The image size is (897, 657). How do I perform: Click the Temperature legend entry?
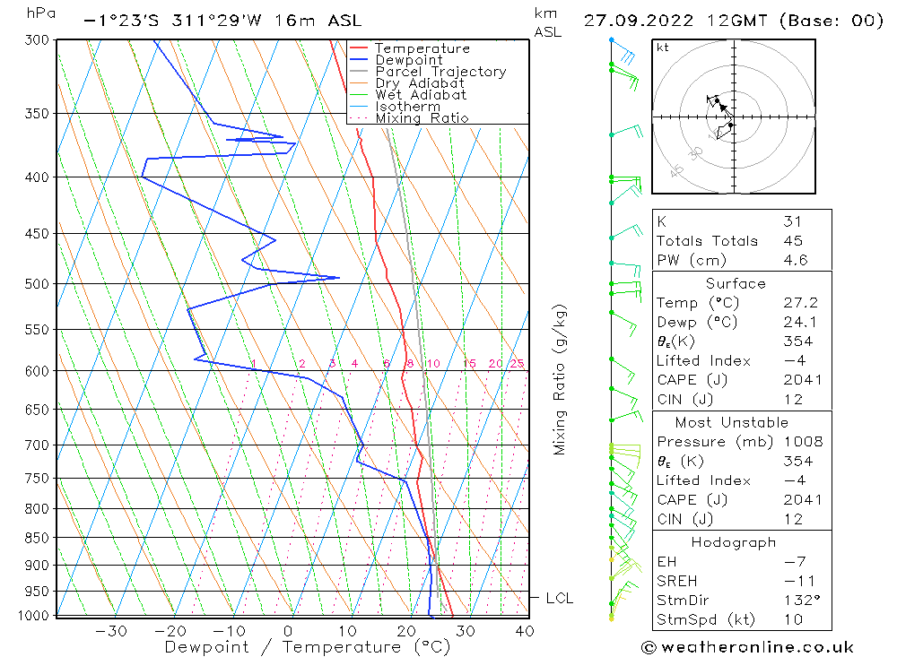(x=422, y=48)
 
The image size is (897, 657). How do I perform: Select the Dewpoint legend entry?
(x=408, y=60)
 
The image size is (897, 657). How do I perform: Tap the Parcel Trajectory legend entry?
(x=440, y=72)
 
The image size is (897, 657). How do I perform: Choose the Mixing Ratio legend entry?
(x=422, y=118)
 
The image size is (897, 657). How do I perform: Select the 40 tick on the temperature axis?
(x=525, y=631)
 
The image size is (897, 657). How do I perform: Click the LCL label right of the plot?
(x=559, y=598)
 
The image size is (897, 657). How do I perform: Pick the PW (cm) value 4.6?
(x=796, y=260)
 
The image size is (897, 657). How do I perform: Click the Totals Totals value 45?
(x=793, y=240)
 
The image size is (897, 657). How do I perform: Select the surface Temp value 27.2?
(x=798, y=303)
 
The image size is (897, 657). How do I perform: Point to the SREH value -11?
(x=795, y=581)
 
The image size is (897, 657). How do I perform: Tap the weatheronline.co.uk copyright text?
(x=746, y=647)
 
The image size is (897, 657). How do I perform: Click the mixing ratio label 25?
(x=517, y=363)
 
